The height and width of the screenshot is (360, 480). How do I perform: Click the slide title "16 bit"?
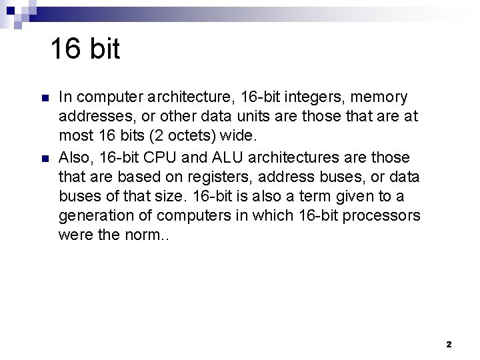click(x=85, y=49)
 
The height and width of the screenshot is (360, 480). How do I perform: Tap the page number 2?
click(x=448, y=345)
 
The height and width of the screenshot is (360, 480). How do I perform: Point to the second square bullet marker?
click(x=44, y=158)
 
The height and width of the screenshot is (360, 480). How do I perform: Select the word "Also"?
click(x=75, y=157)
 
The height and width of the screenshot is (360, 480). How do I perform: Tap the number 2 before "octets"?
click(x=157, y=137)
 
